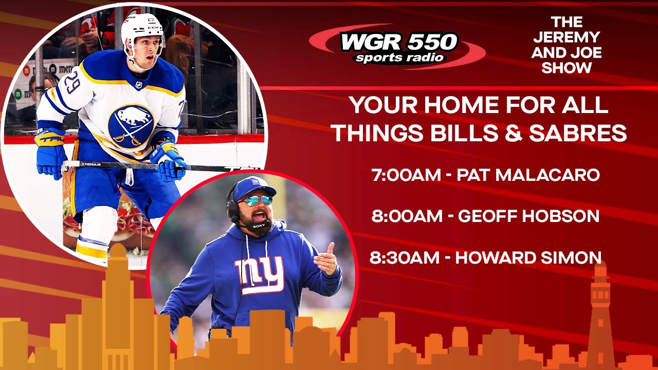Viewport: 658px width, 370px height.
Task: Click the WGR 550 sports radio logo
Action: [398, 47]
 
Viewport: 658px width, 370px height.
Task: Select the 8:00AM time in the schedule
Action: [406, 216]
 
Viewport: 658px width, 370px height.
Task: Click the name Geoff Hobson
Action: [529, 216]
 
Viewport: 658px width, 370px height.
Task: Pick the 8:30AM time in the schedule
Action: [405, 257]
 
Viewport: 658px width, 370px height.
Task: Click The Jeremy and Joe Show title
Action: [566, 45]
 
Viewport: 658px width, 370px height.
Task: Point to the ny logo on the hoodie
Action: [259, 274]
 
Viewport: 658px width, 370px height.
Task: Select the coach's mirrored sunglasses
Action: [255, 200]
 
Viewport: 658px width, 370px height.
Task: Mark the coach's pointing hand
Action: [326, 261]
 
